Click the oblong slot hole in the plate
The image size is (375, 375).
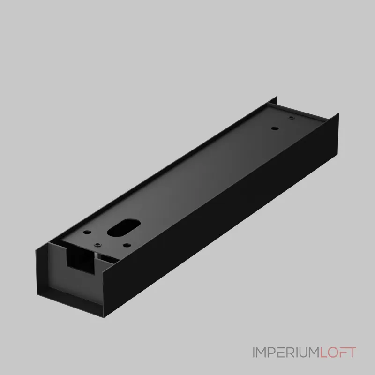(x=123, y=228)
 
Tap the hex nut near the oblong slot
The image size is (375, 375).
(x=97, y=245)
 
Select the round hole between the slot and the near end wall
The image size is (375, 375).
(x=87, y=232)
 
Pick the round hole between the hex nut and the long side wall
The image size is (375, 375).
(x=127, y=245)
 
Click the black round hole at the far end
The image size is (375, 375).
(x=275, y=128)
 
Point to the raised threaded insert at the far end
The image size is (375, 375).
(x=291, y=118)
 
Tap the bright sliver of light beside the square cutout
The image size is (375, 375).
(x=97, y=256)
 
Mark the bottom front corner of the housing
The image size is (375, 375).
(x=104, y=317)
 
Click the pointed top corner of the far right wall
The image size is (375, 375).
(x=338, y=114)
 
